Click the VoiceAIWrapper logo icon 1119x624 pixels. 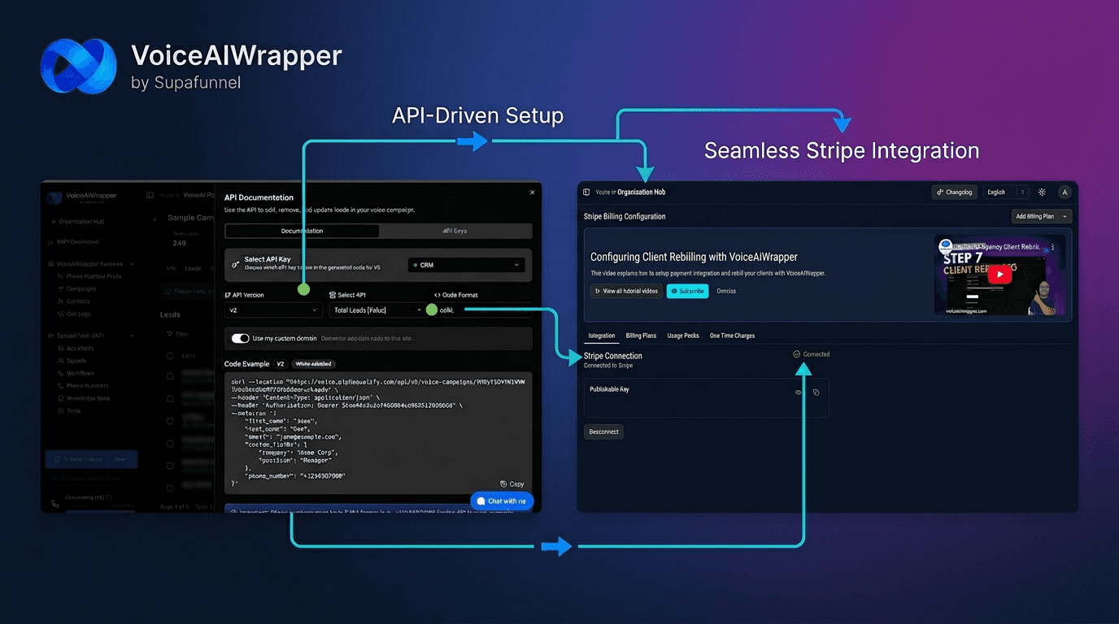(x=78, y=65)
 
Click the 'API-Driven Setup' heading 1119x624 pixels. (x=477, y=115)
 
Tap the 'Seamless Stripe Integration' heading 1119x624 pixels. (x=841, y=150)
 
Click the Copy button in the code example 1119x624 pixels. (x=512, y=483)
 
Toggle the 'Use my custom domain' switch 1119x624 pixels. (x=240, y=338)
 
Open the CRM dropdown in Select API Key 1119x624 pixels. (x=466, y=265)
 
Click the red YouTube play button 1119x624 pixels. (x=999, y=275)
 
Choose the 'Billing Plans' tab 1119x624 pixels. (x=641, y=336)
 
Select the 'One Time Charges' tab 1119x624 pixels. (x=732, y=336)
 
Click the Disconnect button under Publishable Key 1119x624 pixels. (x=603, y=431)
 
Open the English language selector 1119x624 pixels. (x=1005, y=192)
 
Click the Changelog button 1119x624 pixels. (x=954, y=192)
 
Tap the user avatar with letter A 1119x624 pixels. (x=1065, y=192)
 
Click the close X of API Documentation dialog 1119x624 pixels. (x=533, y=193)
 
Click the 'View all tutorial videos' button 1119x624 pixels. (x=625, y=291)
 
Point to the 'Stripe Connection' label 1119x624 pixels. (x=613, y=356)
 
